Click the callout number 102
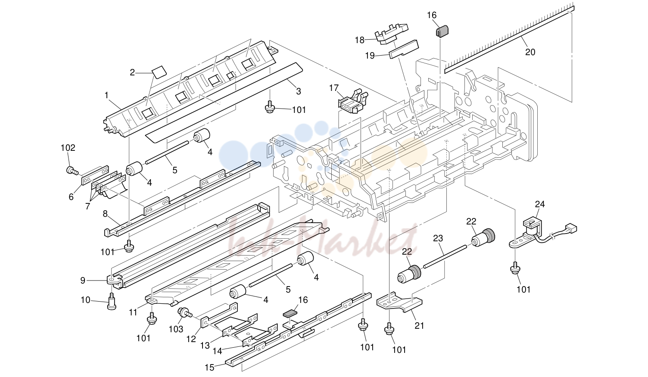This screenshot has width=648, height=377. [x=68, y=148]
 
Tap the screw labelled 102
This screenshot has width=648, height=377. [x=72, y=171]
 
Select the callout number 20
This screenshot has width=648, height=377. [x=530, y=52]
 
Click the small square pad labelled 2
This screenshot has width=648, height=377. [x=159, y=72]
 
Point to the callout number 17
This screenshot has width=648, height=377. [x=333, y=87]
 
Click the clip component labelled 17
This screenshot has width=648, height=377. [x=353, y=102]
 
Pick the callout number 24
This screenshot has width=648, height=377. [x=539, y=204]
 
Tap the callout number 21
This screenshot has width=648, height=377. [x=419, y=325]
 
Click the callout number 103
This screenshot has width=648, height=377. [x=176, y=329]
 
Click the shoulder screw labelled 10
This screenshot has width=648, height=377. [x=112, y=301]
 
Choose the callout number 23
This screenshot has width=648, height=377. [x=438, y=238]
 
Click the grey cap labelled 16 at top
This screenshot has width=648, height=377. [x=442, y=31]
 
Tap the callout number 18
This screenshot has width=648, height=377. [x=360, y=40]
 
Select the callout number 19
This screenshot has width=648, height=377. [x=370, y=56]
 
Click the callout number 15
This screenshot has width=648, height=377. [x=209, y=368]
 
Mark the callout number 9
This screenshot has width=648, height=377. [x=83, y=280]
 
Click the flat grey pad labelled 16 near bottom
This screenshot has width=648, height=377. [x=290, y=313]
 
